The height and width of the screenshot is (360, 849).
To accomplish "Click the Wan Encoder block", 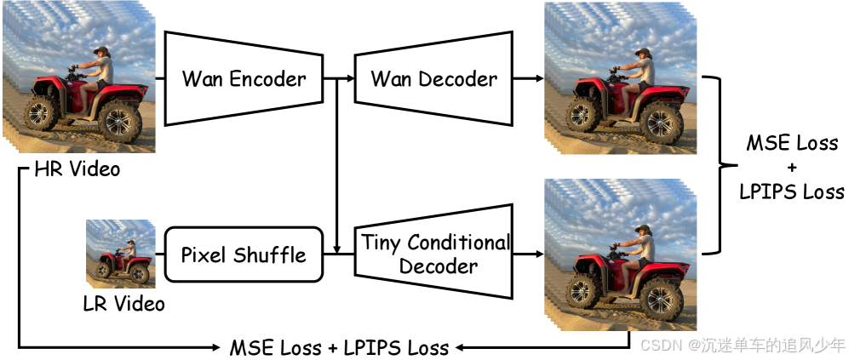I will point(244,79).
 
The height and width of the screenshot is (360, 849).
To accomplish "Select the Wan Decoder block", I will point(433,79).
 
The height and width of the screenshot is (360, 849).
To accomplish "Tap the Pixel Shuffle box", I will point(244,254).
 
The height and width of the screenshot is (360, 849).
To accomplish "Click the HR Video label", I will point(77,169).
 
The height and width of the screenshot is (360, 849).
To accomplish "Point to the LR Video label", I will point(123,303).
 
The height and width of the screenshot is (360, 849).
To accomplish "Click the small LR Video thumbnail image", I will point(120,254).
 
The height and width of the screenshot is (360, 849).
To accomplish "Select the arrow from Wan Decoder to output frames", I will point(528,79).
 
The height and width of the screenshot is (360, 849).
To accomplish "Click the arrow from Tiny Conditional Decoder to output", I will point(528,254).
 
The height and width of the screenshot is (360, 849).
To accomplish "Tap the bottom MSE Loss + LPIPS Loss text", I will point(339,347).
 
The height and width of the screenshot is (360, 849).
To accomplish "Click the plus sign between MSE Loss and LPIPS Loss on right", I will point(791,167).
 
